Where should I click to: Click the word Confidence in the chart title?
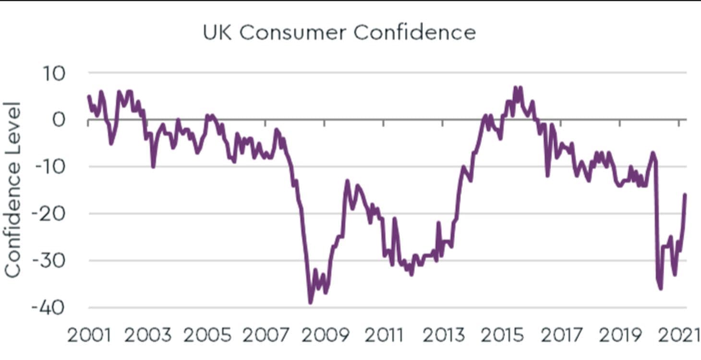tap(415, 33)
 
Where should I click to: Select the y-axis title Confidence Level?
tap(13, 190)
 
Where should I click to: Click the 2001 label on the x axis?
tap(89, 335)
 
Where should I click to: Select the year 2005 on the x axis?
tap(207, 335)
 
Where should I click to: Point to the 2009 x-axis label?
tap(326, 335)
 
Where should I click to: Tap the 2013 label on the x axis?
tap(444, 335)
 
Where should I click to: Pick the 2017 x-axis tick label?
tap(562, 335)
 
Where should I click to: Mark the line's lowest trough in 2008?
tap(310, 302)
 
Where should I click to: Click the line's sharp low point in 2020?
tap(661, 288)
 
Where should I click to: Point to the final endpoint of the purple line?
tap(685, 194)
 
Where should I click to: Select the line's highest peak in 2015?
tap(515, 87)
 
